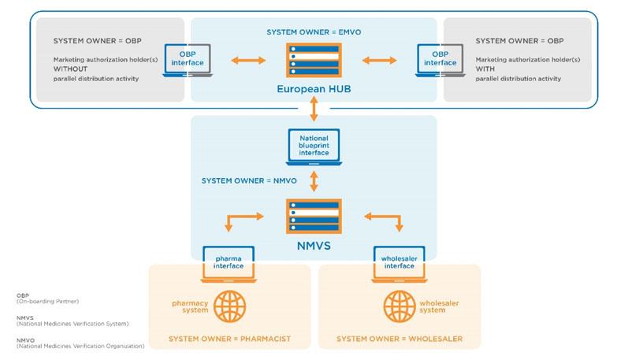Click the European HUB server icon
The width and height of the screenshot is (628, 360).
tap(314, 61)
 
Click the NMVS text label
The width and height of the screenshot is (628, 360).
tap(314, 247)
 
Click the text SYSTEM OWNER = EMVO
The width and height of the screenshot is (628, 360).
tap(314, 32)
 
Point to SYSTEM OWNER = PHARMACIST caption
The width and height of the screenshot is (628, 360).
tap(229, 340)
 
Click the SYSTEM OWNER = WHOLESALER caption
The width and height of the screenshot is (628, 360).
tap(399, 340)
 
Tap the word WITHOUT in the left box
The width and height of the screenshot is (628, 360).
tap(69, 69)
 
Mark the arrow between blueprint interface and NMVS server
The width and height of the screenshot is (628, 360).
tap(314, 182)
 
